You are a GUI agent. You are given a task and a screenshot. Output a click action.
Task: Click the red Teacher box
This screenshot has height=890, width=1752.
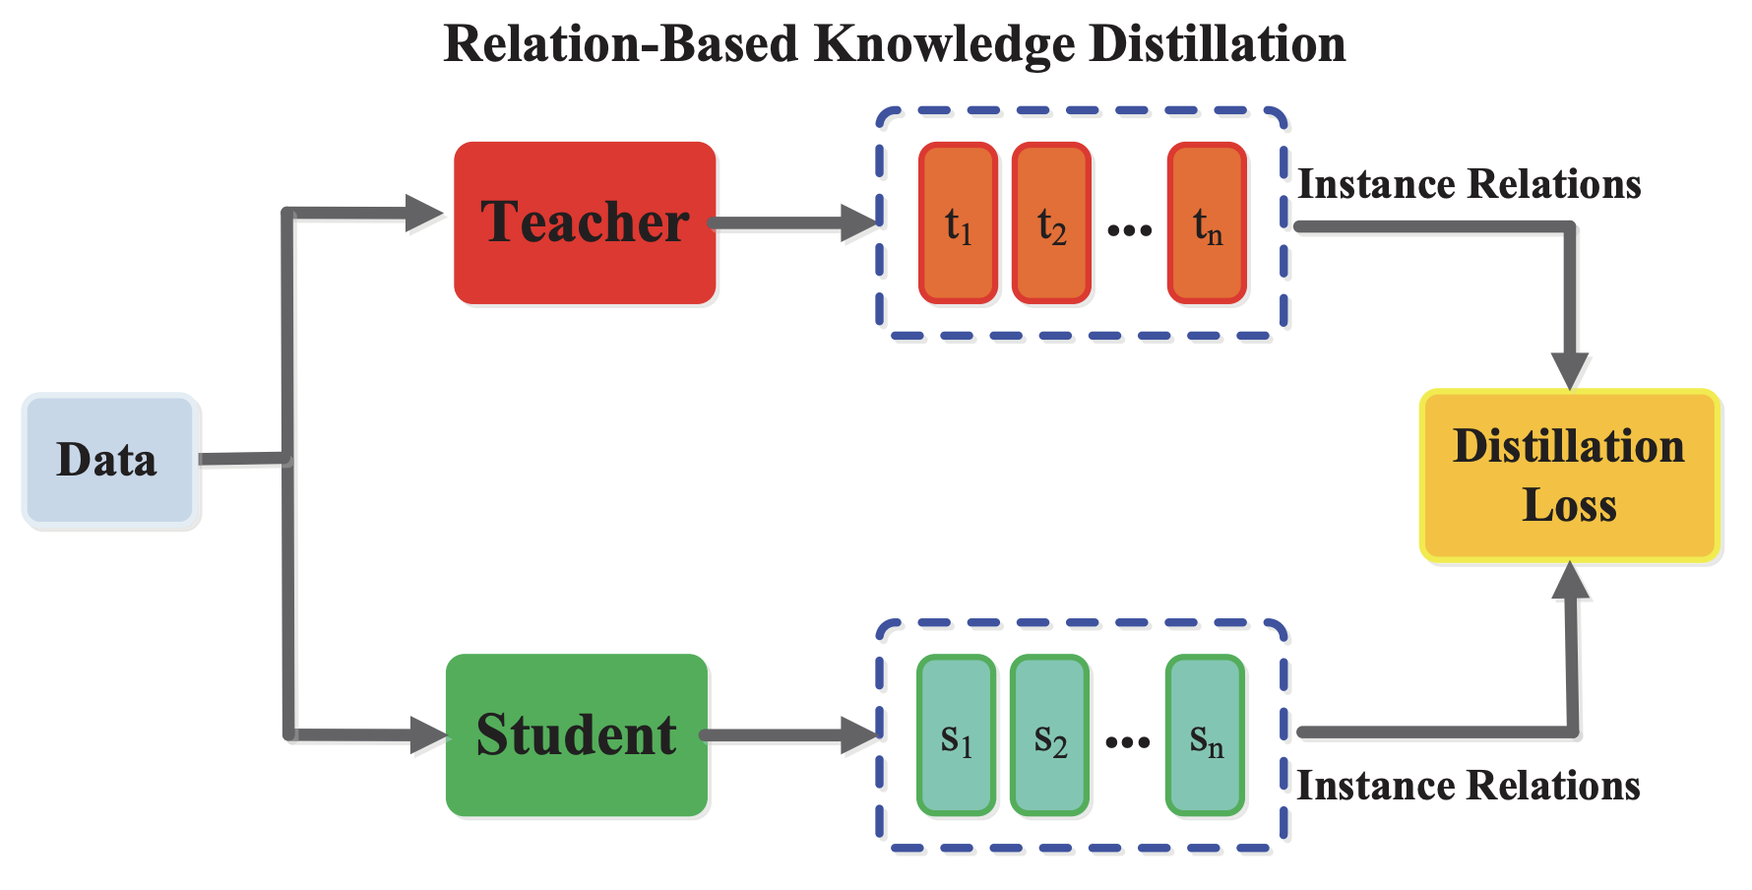point(585,222)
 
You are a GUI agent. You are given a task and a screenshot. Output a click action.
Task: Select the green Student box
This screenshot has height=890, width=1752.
point(577,734)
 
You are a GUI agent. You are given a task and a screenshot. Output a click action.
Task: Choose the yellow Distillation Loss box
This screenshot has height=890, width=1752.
point(1569,477)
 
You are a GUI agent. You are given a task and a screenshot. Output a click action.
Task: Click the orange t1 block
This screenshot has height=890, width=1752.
point(958,223)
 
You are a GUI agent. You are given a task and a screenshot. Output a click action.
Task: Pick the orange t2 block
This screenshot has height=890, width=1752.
point(1051,223)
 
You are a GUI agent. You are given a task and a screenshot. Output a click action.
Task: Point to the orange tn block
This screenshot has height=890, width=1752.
point(1207,223)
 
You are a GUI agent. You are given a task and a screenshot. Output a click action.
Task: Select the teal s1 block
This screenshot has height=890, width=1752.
point(956,736)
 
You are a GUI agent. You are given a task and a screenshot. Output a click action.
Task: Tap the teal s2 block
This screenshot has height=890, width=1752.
point(1049,736)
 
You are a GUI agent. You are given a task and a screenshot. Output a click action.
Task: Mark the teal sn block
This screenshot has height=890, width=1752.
point(1205,736)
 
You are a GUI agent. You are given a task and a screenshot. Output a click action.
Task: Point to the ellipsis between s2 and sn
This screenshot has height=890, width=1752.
point(1127,742)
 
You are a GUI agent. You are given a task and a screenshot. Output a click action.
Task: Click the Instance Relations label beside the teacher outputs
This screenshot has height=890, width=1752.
point(1469,184)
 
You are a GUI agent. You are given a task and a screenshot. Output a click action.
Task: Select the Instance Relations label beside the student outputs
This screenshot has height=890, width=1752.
point(1468,786)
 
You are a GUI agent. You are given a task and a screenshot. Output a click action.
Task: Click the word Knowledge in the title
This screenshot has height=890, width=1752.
point(945,45)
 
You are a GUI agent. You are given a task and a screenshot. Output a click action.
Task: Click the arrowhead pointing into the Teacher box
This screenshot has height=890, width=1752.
point(424,212)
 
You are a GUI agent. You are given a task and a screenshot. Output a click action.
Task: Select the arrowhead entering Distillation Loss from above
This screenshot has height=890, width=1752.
point(1569,370)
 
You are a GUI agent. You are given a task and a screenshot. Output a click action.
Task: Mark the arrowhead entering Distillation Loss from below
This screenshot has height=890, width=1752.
point(1570,582)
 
